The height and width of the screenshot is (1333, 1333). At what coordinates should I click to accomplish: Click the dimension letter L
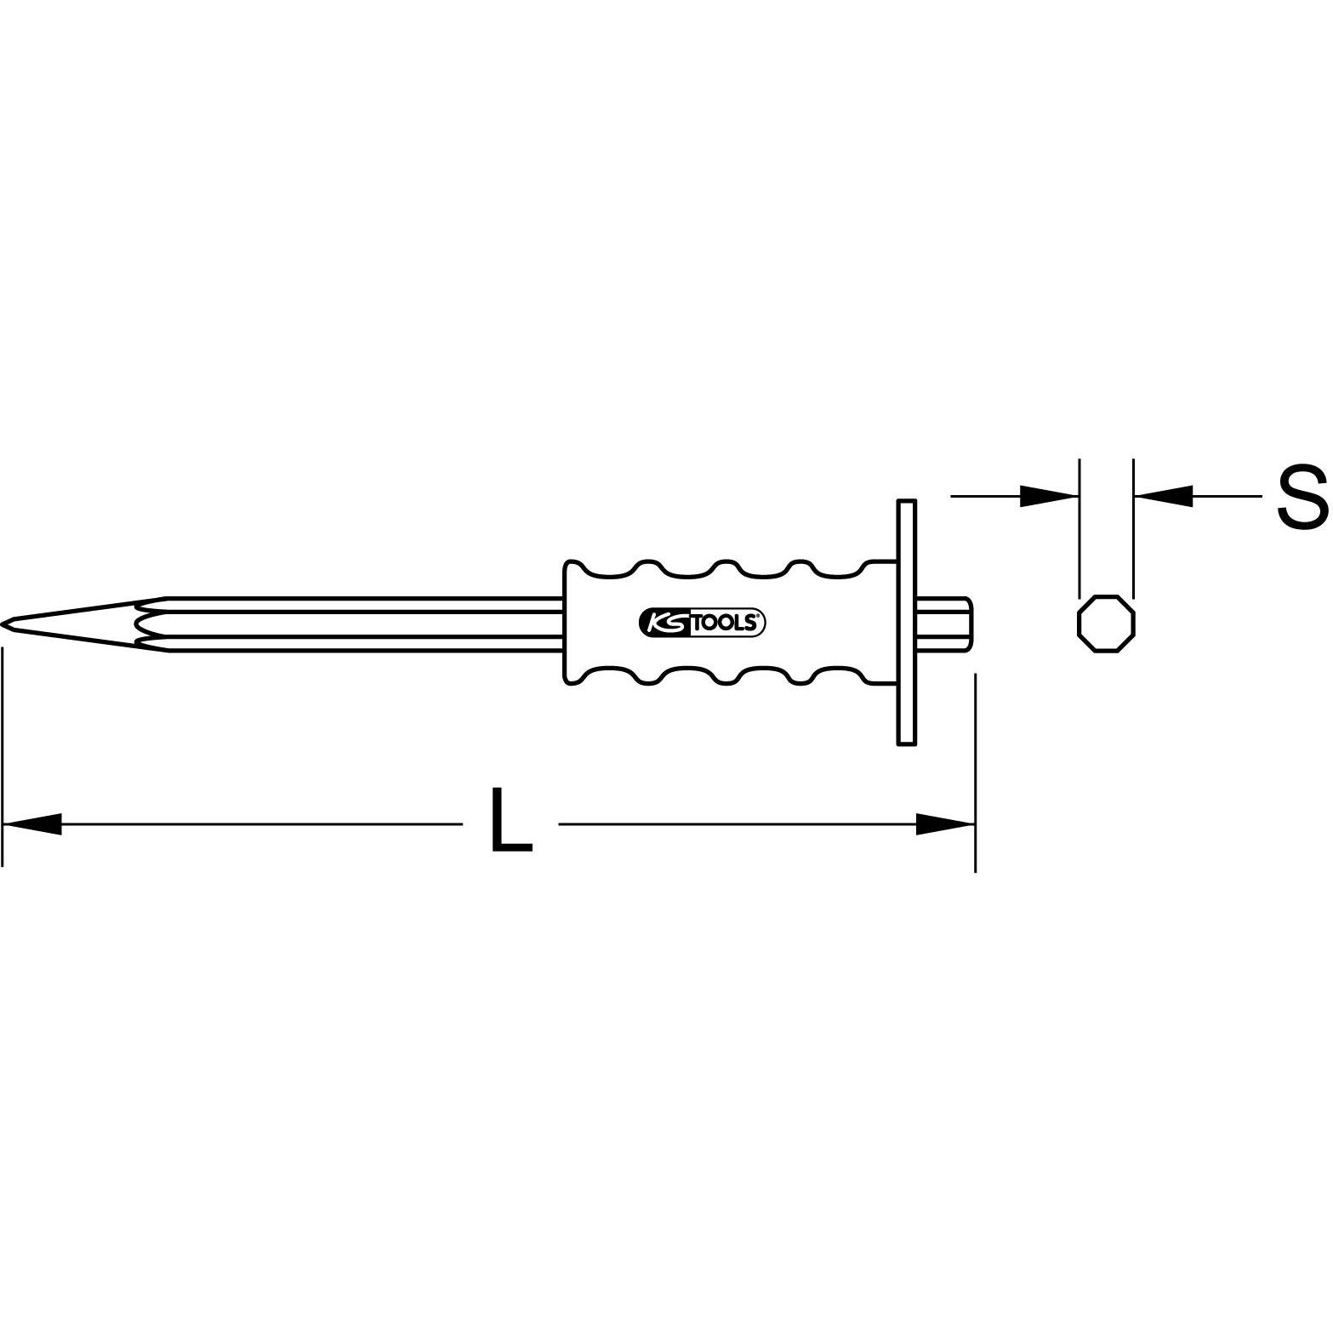point(510,820)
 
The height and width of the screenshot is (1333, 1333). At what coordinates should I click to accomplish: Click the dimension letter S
point(1302,498)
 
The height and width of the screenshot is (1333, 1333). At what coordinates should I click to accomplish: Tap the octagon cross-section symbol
point(1106,624)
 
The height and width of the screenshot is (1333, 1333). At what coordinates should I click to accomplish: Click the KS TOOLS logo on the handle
point(702,623)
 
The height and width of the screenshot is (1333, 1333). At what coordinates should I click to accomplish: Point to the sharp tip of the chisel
point(4,624)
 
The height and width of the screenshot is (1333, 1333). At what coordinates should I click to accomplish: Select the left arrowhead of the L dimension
point(34,823)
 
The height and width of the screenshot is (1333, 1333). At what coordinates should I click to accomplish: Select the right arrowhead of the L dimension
point(944,823)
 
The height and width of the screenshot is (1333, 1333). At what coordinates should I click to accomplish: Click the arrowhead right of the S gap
point(1163,496)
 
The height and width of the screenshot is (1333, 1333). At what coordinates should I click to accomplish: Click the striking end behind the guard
point(944,624)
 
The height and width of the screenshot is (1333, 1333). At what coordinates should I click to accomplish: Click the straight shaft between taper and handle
point(366,624)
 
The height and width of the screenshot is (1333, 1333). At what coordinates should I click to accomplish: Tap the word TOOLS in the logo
point(723,623)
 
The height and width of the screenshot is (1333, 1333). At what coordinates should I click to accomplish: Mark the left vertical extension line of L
point(3,757)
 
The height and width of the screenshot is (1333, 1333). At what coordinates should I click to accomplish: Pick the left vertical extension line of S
point(1080,527)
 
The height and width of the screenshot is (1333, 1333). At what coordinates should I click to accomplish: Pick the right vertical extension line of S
point(1134,527)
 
